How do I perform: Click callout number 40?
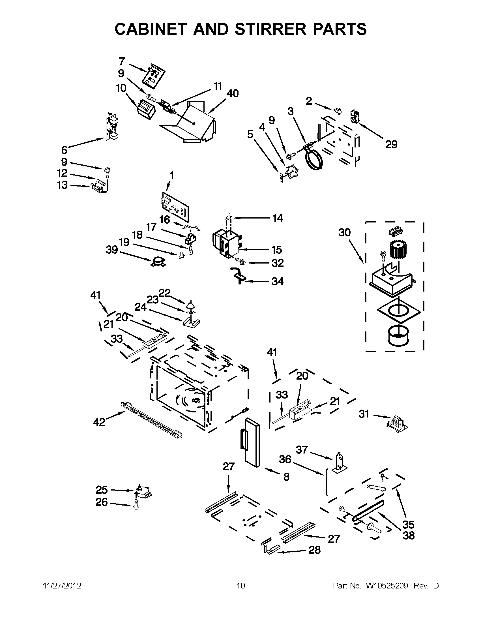coord(233,94)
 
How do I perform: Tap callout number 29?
coord(391,145)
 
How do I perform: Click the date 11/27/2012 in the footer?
coord(62,586)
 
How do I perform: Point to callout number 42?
coord(99,422)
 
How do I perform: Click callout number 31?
coord(364,414)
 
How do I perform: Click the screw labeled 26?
coord(136,506)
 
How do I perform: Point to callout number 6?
coord(64,150)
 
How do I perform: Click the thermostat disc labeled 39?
coord(158,262)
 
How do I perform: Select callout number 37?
coord(302,450)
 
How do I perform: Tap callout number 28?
coord(314,550)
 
